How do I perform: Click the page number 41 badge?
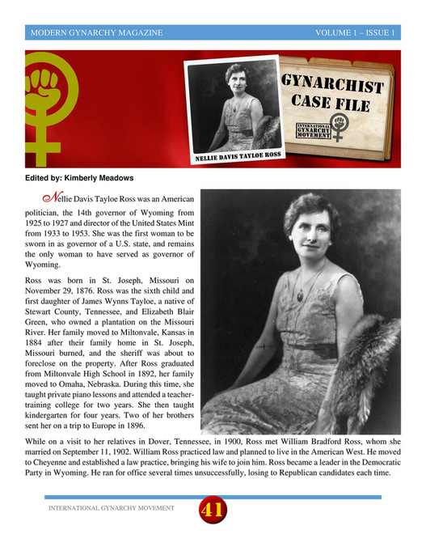213,511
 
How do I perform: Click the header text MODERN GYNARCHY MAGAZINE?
95,33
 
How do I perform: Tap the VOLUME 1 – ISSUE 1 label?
355,33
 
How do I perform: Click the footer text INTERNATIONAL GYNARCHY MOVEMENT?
111,509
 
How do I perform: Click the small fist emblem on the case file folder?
340,129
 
